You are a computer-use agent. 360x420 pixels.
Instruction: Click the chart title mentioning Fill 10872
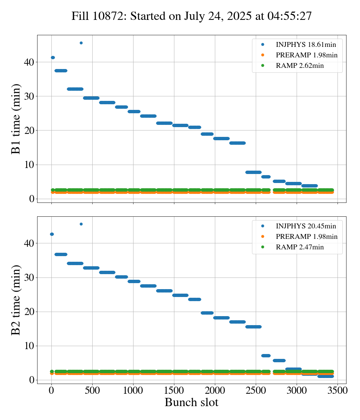(192, 16)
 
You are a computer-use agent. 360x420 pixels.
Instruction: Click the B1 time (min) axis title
(16, 119)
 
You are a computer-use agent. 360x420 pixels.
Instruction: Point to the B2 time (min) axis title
(16, 300)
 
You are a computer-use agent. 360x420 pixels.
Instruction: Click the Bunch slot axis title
(192, 403)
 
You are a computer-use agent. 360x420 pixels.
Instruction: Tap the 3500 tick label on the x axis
(337, 391)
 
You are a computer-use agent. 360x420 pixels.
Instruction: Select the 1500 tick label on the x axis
(174, 391)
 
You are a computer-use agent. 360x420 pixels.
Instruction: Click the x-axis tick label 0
(52, 391)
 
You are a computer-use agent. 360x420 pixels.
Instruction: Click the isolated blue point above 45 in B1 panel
(81, 43)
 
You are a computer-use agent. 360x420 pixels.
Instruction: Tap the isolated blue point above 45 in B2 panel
(81, 224)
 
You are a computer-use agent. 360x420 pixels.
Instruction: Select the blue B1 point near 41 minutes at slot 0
(53, 57)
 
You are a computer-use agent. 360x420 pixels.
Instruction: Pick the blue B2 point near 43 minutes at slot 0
(52, 234)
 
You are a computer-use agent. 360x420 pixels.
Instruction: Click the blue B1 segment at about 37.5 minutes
(61, 70)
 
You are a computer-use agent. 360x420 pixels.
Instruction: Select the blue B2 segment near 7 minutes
(266, 355)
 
